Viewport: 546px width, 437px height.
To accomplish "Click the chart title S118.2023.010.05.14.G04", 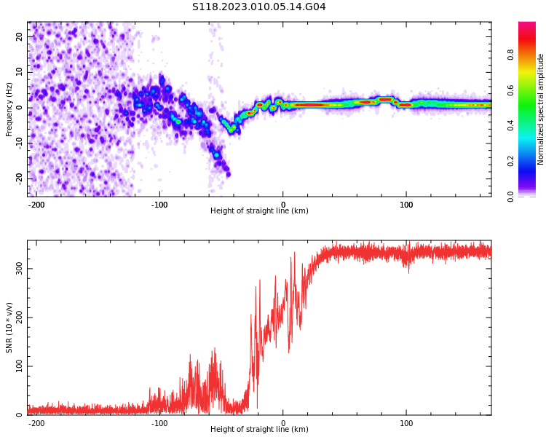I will (258, 7).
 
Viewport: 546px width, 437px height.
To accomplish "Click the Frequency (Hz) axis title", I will (9, 109).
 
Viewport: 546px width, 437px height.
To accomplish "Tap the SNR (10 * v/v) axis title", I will (9, 327).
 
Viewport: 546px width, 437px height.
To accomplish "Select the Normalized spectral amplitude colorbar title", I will (541, 109).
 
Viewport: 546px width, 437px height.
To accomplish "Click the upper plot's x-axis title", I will (259, 211).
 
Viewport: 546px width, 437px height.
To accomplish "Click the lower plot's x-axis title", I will (259, 430).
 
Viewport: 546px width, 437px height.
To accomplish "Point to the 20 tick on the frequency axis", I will (20, 36).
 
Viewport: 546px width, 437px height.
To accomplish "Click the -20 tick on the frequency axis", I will (20, 178).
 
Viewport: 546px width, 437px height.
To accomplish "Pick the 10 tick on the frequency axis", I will (20, 72).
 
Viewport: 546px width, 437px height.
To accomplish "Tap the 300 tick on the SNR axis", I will (20, 269).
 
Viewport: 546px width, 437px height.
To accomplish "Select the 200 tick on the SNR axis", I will (20, 318).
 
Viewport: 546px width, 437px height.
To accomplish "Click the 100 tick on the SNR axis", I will (20, 366).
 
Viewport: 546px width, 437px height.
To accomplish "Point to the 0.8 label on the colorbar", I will (511, 55).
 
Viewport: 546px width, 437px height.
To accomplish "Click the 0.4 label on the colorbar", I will (511, 125).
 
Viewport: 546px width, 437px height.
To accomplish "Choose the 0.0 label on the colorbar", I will (511, 196).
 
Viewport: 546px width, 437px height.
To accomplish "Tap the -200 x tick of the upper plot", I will (36, 205).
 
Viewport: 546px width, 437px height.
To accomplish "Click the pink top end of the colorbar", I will (527, 25).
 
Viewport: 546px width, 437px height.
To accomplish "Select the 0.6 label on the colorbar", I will (511, 90).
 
